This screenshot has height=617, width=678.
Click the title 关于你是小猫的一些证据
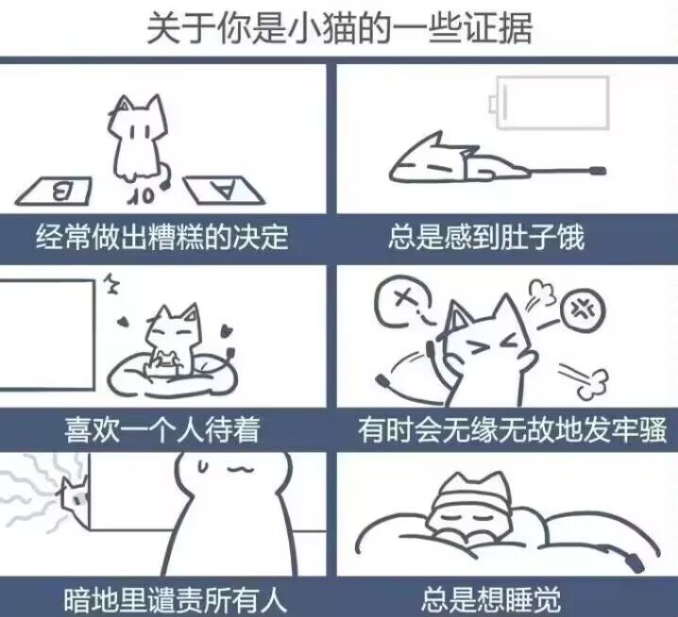click(339, 28)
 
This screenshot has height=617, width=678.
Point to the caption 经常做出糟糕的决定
click(161, 236)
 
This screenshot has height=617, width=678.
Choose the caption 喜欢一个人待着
click(161, 430)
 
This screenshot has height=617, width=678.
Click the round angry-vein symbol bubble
click(577, 308)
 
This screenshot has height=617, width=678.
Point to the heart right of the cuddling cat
click(227, 331)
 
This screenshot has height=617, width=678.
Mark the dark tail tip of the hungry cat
click(596, 172)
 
